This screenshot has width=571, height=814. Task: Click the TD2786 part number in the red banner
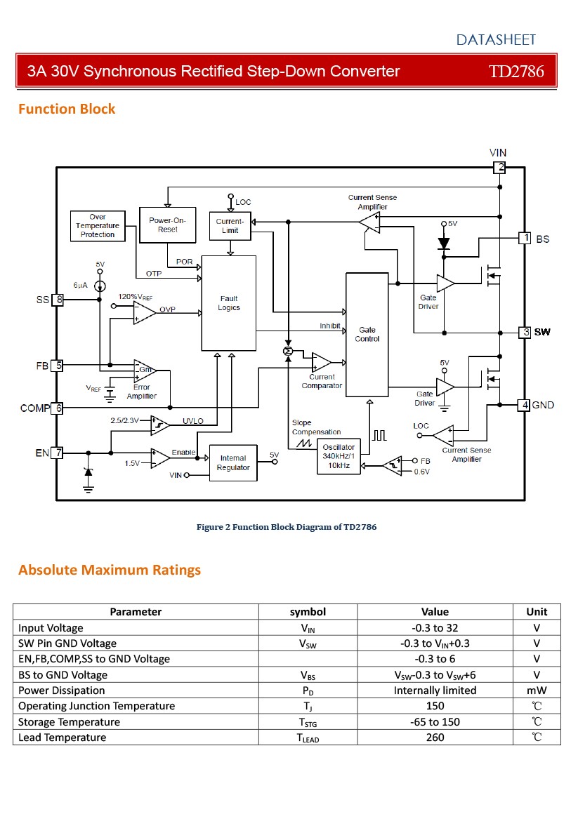[516, 71]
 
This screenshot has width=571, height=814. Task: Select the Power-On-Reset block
[167, 225]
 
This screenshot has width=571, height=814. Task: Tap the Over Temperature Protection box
[98, 226]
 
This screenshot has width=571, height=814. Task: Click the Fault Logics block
[228, 303]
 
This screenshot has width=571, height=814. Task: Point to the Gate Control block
[367, 334]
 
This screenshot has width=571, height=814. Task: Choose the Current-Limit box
[230, 226]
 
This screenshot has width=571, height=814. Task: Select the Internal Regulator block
[233, 462]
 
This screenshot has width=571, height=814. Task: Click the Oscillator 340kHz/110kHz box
[339, 456]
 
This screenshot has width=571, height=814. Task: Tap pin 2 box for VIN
[499, 167]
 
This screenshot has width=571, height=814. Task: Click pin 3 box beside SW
[525, 332]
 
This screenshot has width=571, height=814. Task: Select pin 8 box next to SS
[58, 300]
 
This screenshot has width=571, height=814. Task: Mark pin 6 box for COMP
[57, 408]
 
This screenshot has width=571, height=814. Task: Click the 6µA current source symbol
[100, 286]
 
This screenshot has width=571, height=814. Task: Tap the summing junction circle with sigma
[288, 352]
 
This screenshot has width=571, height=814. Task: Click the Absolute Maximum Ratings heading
[110, 570]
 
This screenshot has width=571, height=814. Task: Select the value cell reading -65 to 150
[435, 721]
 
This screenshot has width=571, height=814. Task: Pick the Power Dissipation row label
[61, 690]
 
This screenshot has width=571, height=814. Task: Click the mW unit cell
[537, 690]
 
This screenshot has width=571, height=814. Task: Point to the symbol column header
[308, 611]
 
